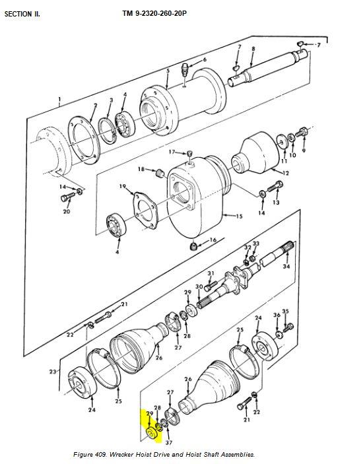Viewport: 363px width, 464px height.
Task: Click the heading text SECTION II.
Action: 22,14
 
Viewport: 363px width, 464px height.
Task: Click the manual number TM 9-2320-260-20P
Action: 154,13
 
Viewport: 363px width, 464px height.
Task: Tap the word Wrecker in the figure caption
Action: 121,454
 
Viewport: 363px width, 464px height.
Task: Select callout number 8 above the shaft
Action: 253,49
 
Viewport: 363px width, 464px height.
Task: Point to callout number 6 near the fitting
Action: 205,60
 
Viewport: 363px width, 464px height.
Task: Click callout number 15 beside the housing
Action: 239,216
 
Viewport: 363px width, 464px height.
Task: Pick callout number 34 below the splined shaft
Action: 286,267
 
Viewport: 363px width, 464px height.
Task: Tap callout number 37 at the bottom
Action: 169,443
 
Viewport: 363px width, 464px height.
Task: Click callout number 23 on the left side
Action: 53,372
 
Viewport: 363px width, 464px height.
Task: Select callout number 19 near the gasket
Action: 123,186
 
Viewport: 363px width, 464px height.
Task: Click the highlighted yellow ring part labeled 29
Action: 152,434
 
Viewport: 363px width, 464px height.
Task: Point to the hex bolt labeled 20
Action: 67,197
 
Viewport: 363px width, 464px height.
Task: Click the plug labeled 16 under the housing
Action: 193,246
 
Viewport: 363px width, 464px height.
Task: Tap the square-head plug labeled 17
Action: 190,154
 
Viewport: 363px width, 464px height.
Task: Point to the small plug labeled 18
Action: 160,173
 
